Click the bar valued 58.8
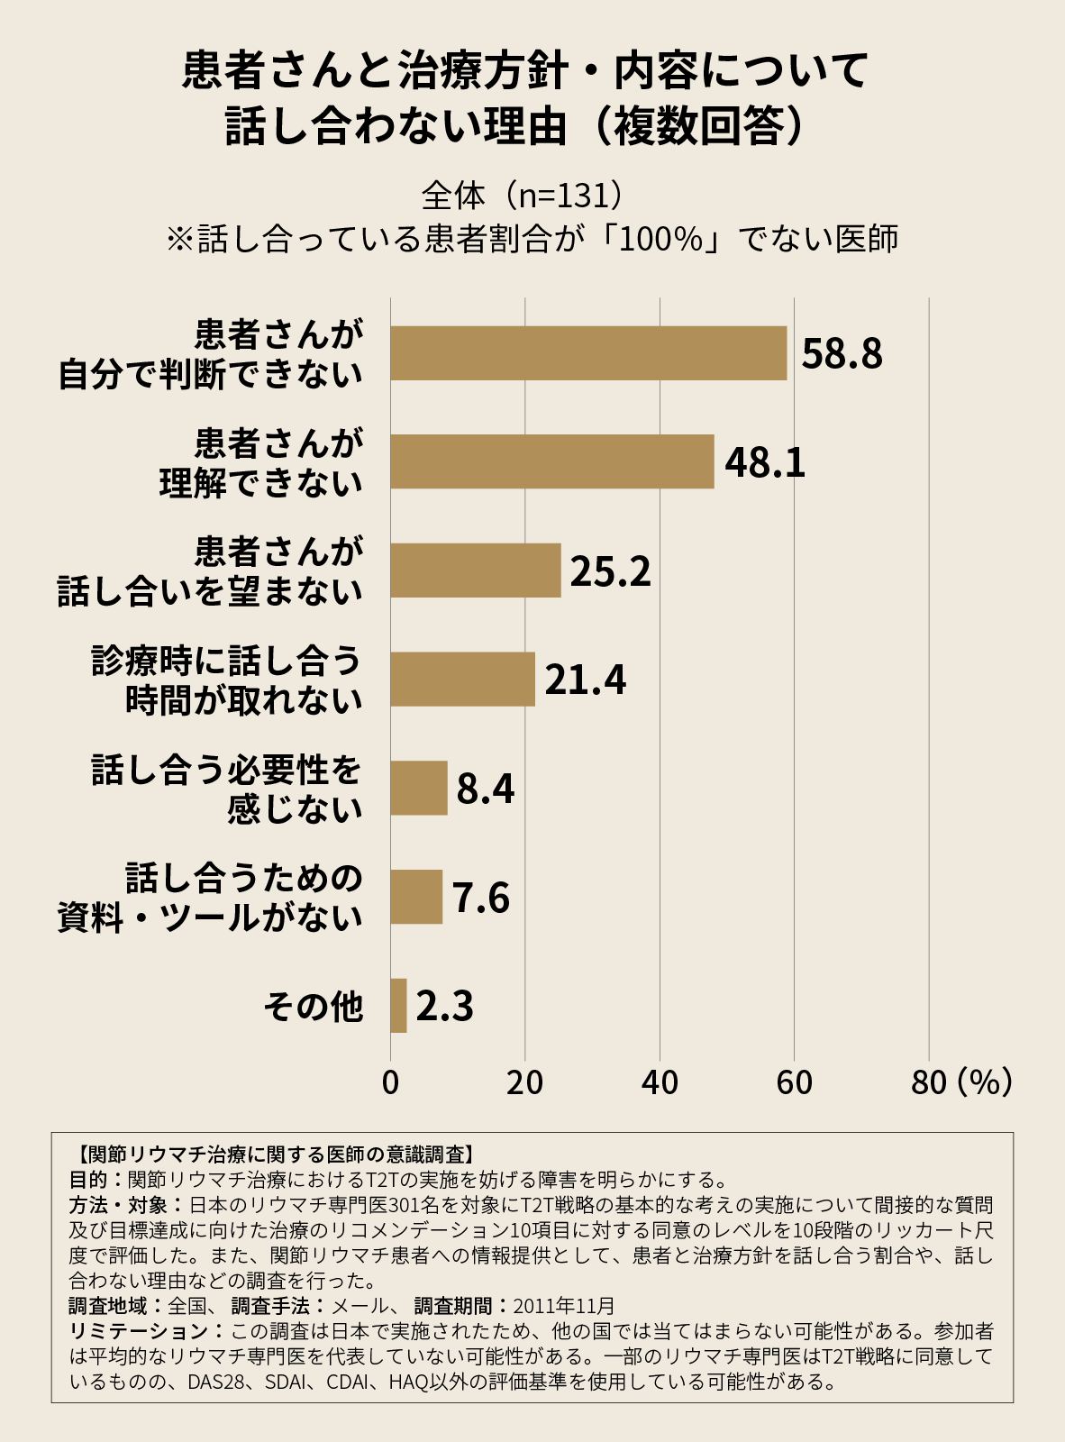pyautogui.click(x=588, y=353)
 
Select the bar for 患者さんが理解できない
pyautogui.click(x=551, y=461)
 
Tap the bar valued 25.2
pyautogui.click(x=475, y=570)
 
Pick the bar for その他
pyautogui.click(x=398, y=1006)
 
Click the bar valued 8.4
pyautogui.click(x=418, y=788)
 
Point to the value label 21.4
pyautogui.click(x=585, y=680)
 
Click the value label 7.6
pyautogui.click(x=480, y=898)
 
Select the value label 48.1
pyautogui.click(x=765, y=462)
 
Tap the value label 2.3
pyautogui.click(x=444, y=1007)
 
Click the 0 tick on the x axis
pyautogui.click(x=390, y=1082)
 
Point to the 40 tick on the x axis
pyautogui.click(x=660, y=1082)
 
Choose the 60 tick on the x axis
pyautogui.click(x=794, y=1082)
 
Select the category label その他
pyautogui.click(x=313, y=1007)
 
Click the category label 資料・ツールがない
pyautogui.click(x=210, y=918)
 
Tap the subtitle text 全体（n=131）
pyautogui.click(x=522, y=195)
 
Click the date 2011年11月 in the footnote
pyautogui.click(x=564, y=1305)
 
